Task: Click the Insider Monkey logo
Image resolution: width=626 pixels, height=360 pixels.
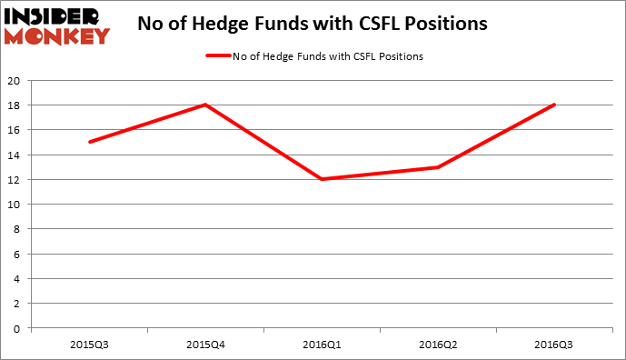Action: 56,25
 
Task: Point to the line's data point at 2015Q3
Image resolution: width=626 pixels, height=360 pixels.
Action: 89,142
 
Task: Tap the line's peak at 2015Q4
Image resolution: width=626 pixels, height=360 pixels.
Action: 206,105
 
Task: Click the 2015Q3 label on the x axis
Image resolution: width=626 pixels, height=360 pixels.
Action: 89,345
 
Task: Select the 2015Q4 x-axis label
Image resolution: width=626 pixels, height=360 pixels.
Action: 206,345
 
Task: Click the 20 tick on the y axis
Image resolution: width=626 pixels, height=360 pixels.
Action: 15,80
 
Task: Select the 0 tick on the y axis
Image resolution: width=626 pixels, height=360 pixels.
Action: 17,328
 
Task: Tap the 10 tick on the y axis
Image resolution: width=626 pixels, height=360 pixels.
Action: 15,204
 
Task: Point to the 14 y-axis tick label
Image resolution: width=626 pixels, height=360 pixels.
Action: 15,155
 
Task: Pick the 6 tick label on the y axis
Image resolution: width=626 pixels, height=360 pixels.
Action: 17,254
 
